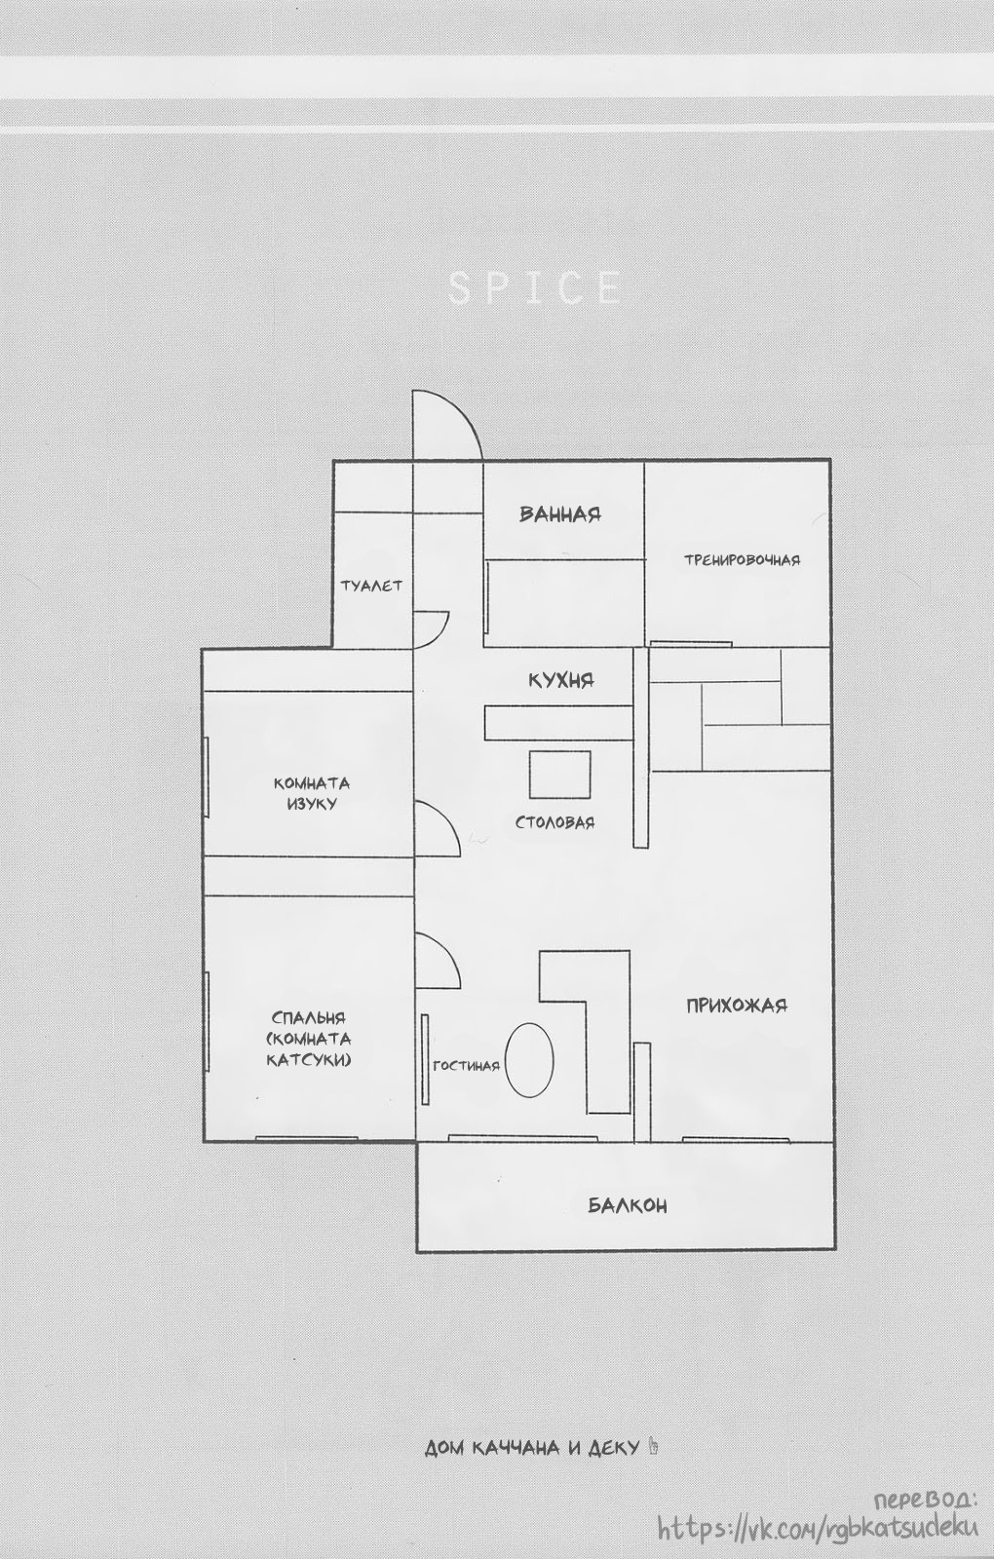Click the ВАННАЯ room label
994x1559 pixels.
[x=559, y=514]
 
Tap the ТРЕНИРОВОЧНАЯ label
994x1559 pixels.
[x=742, y=559]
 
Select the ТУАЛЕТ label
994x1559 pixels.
[x=371, y=586]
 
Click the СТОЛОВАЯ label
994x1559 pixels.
[x=554, y=822]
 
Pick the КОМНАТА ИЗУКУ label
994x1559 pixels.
[x=311, y=793]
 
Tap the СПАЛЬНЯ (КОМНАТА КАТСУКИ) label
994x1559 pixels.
[x=309, y=1039]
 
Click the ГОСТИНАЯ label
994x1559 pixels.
[x=466, y=1066]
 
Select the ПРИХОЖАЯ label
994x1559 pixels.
[x=737, y=1006]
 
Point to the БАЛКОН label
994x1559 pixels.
[x=628, y=1205]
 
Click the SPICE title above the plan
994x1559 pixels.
[x=535, y=288]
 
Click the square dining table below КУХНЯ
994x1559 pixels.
[x=559, y=775]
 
